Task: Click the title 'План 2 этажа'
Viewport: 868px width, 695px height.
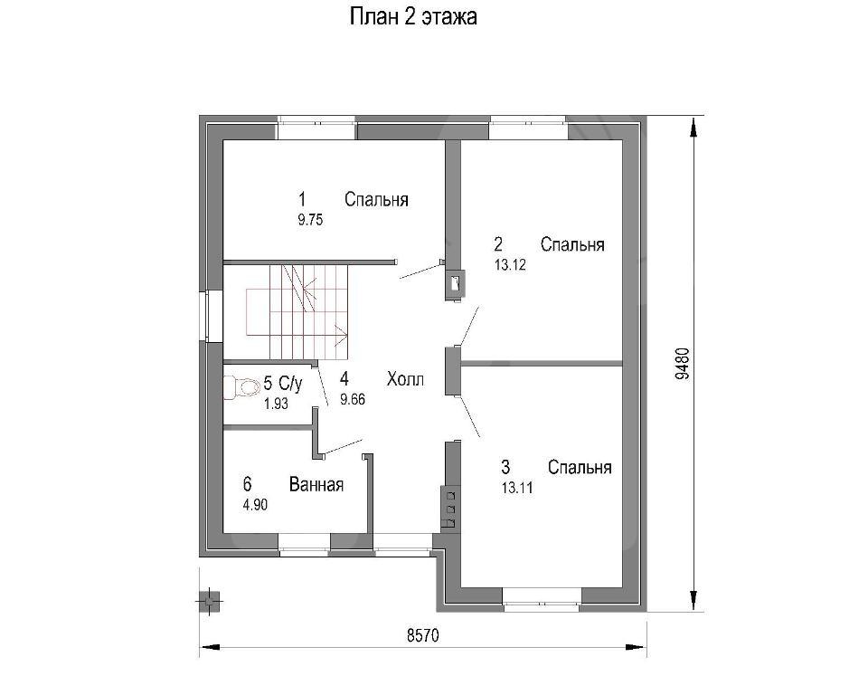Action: click(413, 17)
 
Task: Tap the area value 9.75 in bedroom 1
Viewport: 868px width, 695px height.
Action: click(310, 220)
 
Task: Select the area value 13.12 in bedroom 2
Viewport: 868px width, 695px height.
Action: click(510, 265)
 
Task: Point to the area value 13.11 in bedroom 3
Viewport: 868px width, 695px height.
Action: click(517, 488)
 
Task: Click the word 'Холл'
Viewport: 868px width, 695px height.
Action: click(405, 380)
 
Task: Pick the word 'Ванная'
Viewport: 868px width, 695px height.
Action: click(316, 484)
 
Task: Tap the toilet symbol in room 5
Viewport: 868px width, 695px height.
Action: click(242, 386)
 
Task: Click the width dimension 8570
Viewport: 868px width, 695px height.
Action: click(423, 635)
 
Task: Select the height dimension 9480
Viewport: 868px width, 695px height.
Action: click(683, 363)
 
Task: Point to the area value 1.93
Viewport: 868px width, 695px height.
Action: click(276, 404)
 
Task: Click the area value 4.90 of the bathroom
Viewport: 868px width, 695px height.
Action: click(255, 504)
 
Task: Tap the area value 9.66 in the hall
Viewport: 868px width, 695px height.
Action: click(353, 399)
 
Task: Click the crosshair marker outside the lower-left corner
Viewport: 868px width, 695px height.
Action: click(209, 601)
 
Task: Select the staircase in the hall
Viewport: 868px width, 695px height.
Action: click(297, 312)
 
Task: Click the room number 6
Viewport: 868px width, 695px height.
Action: click(247, 484)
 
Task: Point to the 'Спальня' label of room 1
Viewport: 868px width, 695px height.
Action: click(376, 199)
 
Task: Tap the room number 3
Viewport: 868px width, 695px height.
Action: click(505, 467)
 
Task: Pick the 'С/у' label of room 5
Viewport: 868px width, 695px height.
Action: click(290, 383)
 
